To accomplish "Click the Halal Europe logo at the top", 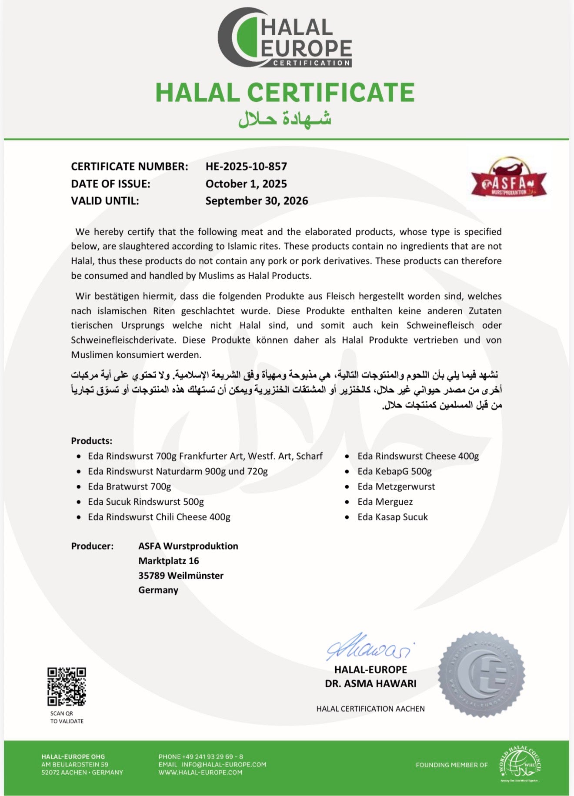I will (x=285, y=38).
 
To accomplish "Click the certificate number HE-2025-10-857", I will (x=246, y=167).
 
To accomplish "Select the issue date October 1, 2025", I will (x=246, y=184).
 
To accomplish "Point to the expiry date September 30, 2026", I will (x=257, y=201).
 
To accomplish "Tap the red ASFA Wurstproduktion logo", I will (x=509, y=179).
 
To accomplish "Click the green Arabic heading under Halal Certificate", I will (x=285, y=118).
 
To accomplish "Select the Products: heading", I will (x=91, y=441).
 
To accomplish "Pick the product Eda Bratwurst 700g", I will (x=129, y=486).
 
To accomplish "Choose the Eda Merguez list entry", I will (x=385, y=502).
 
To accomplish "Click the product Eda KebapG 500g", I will (x=394, y=471).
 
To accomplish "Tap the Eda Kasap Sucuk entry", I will (x=392, y=517).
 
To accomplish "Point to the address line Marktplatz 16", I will (x=169, y=561).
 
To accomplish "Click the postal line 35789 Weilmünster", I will (x=181, y=576).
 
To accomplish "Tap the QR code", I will (x=67, y=686).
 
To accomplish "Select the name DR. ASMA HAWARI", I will (x=370, y=684).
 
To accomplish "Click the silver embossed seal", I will (x=482, y=674).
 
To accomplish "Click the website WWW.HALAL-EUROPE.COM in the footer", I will (x=200, y=773).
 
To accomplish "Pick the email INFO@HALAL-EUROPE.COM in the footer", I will (x=224, y=764).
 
